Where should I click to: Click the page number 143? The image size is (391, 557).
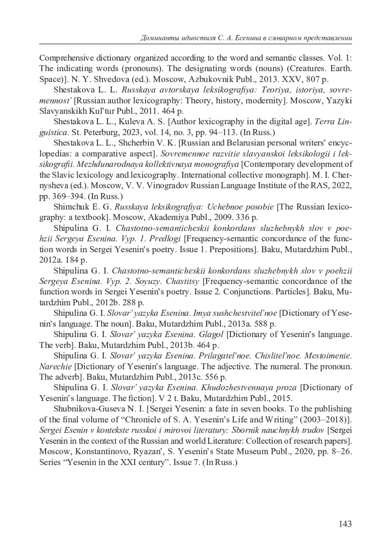coord(345,524)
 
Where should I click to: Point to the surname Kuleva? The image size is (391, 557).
coord(131,122)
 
